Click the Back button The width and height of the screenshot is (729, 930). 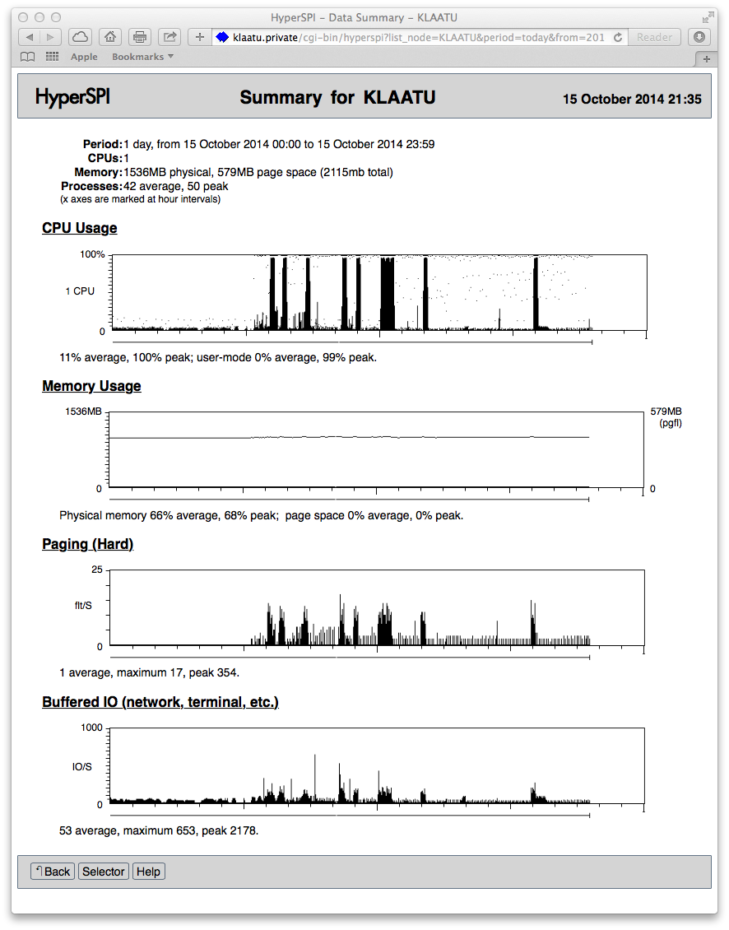53,872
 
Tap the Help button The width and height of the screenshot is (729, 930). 148,872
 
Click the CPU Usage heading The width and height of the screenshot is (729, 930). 79,228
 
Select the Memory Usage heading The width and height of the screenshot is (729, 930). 91,386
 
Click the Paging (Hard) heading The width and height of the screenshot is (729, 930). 87,544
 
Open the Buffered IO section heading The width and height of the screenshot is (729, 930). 160,702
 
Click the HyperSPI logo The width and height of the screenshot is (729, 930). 72,97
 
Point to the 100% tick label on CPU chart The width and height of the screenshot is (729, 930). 92,254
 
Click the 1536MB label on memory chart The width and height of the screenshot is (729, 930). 84,412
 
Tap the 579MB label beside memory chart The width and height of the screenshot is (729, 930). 666,412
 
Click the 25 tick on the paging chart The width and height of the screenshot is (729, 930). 97,570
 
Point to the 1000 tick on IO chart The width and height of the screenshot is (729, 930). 91,728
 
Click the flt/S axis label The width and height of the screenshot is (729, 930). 84,606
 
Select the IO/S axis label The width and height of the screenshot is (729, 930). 82,766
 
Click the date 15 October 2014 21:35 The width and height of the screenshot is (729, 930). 631,99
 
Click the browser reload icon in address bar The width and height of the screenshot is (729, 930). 618,37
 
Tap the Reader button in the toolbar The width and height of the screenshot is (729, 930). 655,37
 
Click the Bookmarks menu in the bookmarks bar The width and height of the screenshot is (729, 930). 142,57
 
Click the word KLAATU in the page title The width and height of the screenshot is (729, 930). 399,98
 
